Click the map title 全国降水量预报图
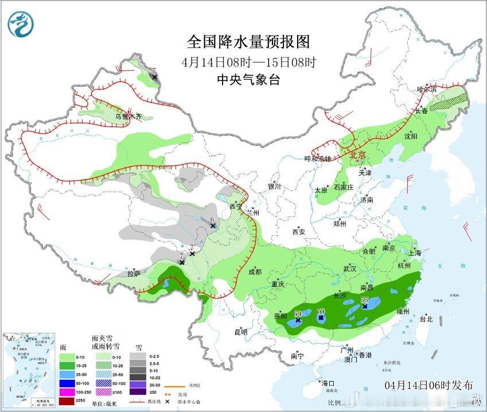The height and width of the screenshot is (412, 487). (x=248, y=42)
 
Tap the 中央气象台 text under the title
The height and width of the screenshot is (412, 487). (x=248, y=80)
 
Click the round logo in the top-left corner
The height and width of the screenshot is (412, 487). (x=21, y=24)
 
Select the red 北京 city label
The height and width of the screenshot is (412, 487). (x=357, y=154)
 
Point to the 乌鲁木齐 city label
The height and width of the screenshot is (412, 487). (x=127, y=116)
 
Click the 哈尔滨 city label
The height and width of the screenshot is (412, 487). (x=427, y=90)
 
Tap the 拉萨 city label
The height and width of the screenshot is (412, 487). (x=134, y=273)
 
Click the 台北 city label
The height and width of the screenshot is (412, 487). (x=426, y=319)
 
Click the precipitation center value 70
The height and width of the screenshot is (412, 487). (x=321, y=312)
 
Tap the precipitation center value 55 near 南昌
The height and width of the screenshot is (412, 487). (x=364, y=300)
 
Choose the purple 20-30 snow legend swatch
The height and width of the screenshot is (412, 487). (x=137, y=384)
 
